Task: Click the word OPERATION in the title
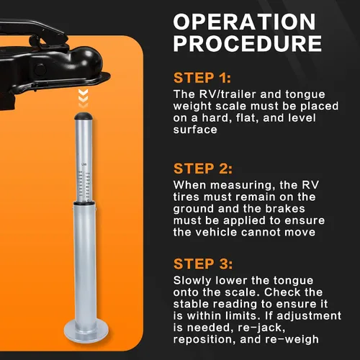(x=244, y=22)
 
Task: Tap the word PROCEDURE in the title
(x=248, y=43)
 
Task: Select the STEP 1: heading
(x=202, y=78)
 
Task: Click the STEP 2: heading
(x=203, y=168)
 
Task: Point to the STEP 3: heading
(x=203, y=264)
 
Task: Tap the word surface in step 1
(x=195, y=130)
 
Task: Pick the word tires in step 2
(x=186, y=197)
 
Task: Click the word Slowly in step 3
(x=192, y=280)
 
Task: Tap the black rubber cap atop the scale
(x=84, y=116)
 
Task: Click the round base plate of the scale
(x=86, y=331)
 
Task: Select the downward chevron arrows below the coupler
(x=83, y=99)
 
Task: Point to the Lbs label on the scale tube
(x=84, y=164)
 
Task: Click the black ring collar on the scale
(x=84, y=203)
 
